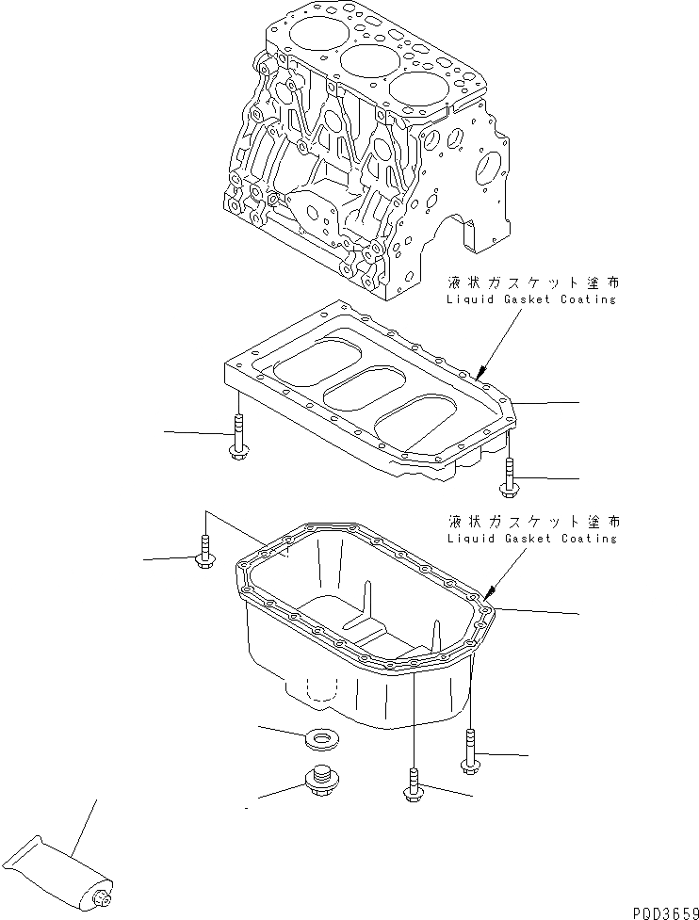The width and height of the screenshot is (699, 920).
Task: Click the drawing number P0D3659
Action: click(658, 909)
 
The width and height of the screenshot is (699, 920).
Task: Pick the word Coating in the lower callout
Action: click(590, 539)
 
